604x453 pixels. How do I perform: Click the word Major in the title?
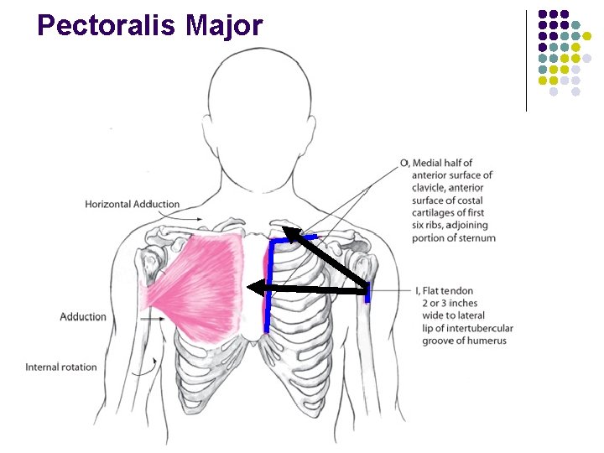coord(224,25)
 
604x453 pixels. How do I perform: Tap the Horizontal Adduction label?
coord(132,204)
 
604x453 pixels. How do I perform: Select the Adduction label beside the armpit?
coord(83,317)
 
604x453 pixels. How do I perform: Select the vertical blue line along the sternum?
coord(268,285)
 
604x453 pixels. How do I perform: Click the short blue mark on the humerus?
coord(367,291)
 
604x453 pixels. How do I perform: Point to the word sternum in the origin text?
coord(477,238)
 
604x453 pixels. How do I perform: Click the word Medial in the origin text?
coord(430,163)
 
